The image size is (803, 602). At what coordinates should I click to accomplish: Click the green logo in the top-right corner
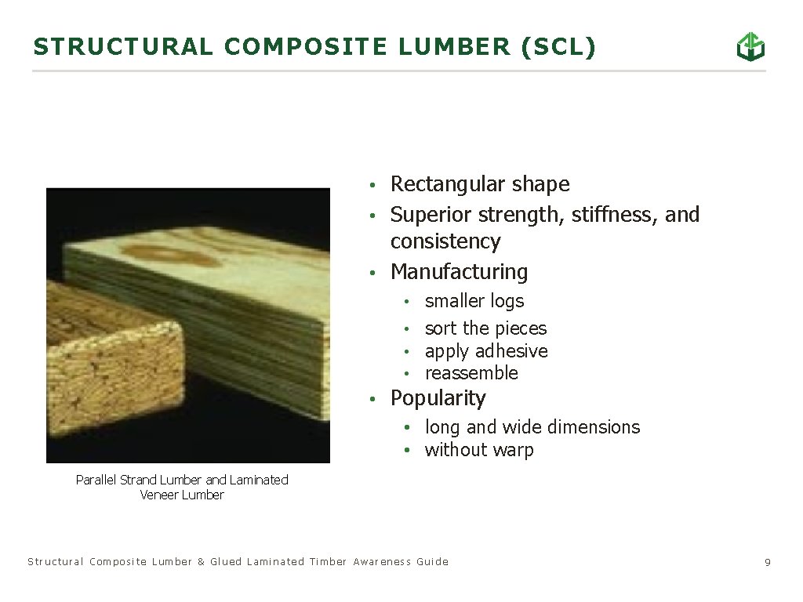pyautogui.click(x=750, y=47)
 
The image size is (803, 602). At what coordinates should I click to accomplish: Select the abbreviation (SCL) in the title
pyautogui.click(x=558, y=47)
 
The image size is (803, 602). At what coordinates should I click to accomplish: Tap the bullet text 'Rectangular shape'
pyautogui.click(x=480, y=184)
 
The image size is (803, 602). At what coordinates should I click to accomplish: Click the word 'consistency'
pyautogui.click(x=445, y=241)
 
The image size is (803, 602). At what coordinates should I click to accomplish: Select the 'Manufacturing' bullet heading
pyautogui.click(x=459, y=272)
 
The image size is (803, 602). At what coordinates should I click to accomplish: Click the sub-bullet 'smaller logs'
pyautogui.click(x=474, y=301)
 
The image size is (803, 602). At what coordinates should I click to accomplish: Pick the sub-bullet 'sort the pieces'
pyautogui.click(x=485, y=328)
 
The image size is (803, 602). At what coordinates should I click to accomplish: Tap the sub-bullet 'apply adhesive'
pyautogui.click(x=486, y=351)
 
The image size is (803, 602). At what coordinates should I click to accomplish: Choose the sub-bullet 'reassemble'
pyautogui.click(x=471, y=373)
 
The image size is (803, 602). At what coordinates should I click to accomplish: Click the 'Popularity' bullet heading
pyautogui.click(x=438, y=398)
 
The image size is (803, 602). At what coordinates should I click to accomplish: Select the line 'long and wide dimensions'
pyautogui.click(x=532, y=427)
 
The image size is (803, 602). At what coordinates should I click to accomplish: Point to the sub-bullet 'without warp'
pyautogui.click(x=479, y=450)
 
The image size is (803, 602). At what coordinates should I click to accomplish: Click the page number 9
pyautogui.click(x=768, y=562)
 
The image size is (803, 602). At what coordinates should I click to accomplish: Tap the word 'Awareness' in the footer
pyautogui.click(x=381, y=562)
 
